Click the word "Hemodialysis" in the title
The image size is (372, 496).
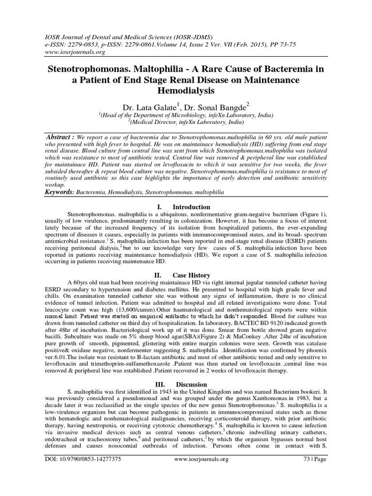pos(186,90)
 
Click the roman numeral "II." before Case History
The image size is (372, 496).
pos(157,275)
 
